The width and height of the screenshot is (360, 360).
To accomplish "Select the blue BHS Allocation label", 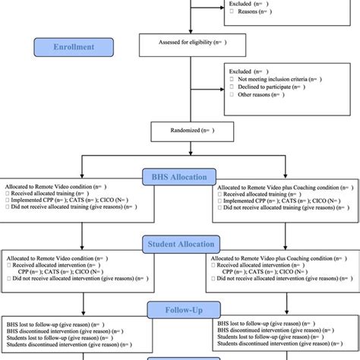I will point(179,176).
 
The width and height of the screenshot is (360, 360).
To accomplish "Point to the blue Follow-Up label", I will point(179,310).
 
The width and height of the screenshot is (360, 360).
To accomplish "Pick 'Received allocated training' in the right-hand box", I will point(258,194).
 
